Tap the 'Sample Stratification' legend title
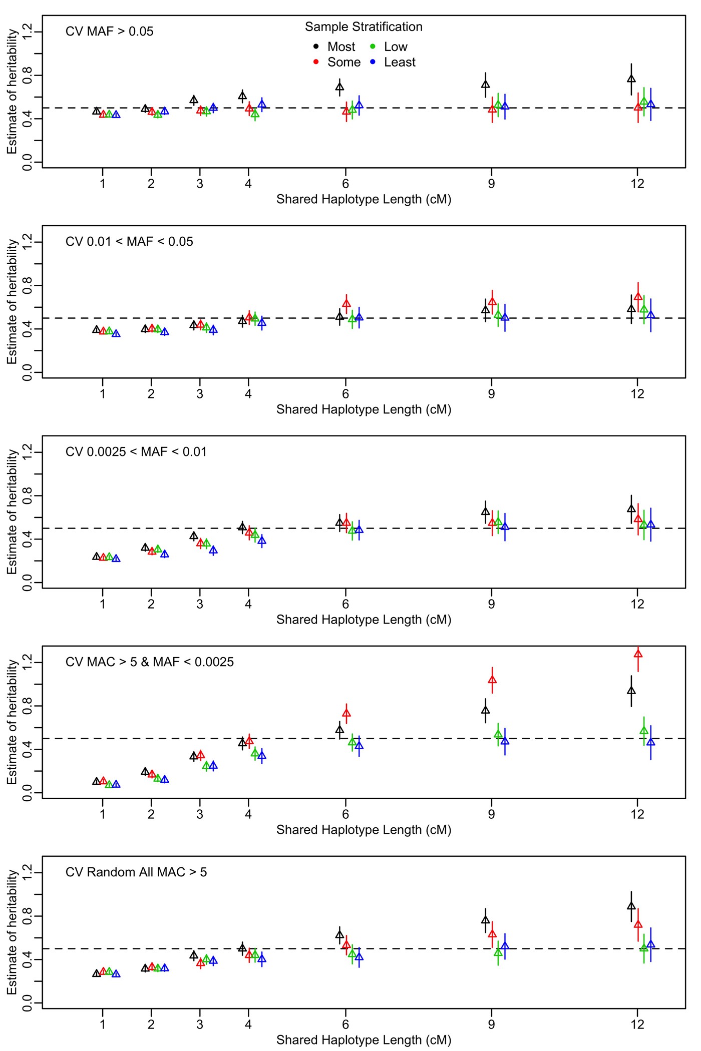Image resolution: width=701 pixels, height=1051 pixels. click(364, 27)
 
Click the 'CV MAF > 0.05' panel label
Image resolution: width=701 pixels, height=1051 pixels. click(109, 32)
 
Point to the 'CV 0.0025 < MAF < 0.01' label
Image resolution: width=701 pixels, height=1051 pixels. click(136, 452)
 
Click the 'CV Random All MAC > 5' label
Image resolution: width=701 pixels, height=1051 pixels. click(136, 872)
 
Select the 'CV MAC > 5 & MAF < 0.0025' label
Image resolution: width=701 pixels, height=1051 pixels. click(149, 662)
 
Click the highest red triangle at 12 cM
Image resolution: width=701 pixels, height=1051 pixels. click(638, 654)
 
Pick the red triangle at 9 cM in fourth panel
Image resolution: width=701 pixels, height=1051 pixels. click(492, 680)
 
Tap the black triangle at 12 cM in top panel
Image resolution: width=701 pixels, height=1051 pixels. click(631, 79)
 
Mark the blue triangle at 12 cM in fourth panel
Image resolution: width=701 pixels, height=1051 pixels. click(650, 742)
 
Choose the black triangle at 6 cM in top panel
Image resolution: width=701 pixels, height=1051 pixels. click(339, 87)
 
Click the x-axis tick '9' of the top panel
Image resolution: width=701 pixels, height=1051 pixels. click(491, 184)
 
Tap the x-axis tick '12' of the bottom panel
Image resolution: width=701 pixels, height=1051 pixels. click(637, 1024)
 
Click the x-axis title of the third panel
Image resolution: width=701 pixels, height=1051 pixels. click(364, 620)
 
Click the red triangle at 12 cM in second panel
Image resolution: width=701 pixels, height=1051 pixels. click(638, 296)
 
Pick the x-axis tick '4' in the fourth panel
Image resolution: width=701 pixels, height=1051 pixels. click(248, 814)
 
